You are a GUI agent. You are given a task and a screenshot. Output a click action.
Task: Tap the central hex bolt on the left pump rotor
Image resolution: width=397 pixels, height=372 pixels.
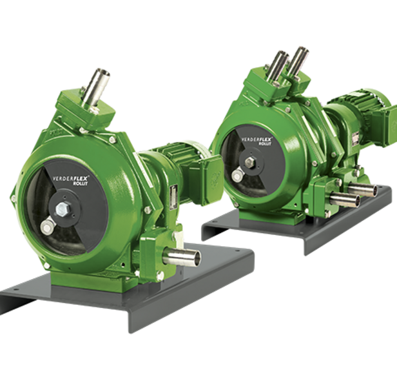click(62, 209)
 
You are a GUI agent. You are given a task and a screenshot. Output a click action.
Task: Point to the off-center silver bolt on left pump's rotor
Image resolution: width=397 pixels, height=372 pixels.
click(47, 227)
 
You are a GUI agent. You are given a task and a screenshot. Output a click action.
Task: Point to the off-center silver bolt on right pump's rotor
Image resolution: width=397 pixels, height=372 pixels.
click(238, 176)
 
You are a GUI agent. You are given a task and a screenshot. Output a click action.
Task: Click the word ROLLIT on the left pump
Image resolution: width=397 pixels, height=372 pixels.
click(80, 183)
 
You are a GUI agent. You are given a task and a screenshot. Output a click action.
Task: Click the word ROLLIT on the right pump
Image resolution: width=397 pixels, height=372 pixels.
click(265, 143)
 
